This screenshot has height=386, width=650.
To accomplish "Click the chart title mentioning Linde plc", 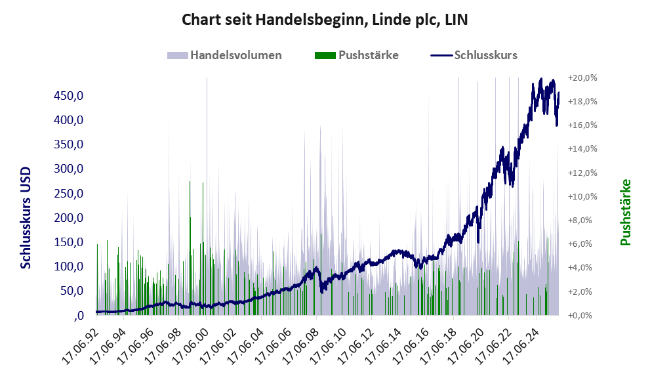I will pos(325,20).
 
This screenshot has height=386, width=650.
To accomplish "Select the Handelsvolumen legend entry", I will pos(224,55).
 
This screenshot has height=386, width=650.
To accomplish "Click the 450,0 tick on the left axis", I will pos(68,96).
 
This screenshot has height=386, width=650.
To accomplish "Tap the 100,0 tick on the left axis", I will pos(68,267).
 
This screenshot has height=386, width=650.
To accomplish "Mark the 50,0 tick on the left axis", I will pos(71,291).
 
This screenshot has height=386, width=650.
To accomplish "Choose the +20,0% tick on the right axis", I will pos(582,77).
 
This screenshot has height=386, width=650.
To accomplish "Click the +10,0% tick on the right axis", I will pos(582,196).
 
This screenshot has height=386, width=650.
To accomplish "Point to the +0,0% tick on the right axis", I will pos(582,315).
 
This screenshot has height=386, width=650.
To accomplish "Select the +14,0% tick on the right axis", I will pos(582,149).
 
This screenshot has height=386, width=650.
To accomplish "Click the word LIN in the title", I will pos(456,20).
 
